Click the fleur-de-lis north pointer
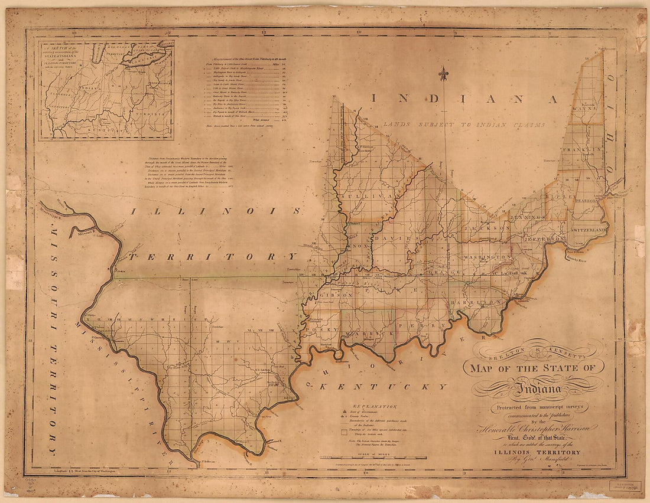444,74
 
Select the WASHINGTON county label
487,257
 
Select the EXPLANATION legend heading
375,406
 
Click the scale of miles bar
372,458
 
